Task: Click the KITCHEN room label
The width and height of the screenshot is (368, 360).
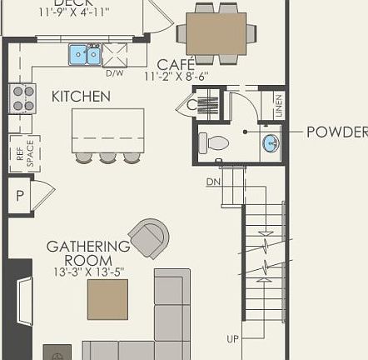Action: (81, 97)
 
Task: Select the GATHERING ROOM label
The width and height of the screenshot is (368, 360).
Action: (87, 253)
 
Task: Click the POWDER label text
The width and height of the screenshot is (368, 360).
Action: (336, 132)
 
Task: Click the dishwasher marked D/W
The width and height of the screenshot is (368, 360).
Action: (115, 55)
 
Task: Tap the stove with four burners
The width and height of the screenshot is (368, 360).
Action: (22, 97)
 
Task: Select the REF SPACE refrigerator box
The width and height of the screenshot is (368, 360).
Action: (22, 153)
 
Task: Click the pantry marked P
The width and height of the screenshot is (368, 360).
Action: (20, 197)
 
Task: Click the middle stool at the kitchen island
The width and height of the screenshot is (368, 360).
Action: (107, 157)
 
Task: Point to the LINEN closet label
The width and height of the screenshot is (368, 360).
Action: (278, 105)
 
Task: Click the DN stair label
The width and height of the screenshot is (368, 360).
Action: (212, 182)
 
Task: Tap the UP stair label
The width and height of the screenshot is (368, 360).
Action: (234, 338)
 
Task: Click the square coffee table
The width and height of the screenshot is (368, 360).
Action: (107, 299)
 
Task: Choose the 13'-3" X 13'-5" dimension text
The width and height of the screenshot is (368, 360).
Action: (87, 271)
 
